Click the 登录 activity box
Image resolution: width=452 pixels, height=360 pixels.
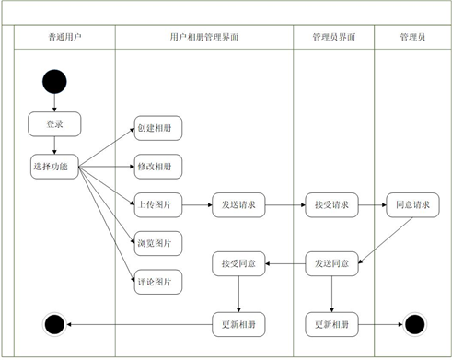55,123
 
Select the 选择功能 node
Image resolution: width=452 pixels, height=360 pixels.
55,167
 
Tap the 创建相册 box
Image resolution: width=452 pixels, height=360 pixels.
158,128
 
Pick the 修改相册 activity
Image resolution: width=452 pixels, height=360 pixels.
158,167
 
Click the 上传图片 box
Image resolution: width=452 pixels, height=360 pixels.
158,204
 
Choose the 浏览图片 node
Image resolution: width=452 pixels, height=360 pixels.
158,243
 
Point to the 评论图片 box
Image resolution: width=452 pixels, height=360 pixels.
158,281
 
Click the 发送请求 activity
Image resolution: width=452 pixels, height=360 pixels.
239,204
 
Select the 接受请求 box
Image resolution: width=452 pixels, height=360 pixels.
331,204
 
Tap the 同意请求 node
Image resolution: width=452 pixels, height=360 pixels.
411,204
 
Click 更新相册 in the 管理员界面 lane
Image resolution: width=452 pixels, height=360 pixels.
331,324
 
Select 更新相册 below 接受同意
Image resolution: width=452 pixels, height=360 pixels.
239,324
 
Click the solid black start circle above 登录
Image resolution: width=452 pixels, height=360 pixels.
54,82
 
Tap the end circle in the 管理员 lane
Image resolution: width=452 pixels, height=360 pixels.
414,324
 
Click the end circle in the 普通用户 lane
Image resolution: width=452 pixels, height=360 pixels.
54,324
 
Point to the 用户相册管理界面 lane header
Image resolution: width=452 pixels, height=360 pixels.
204,38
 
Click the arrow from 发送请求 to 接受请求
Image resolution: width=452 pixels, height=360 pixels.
285,204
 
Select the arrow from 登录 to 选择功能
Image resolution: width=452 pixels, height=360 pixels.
55,145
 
